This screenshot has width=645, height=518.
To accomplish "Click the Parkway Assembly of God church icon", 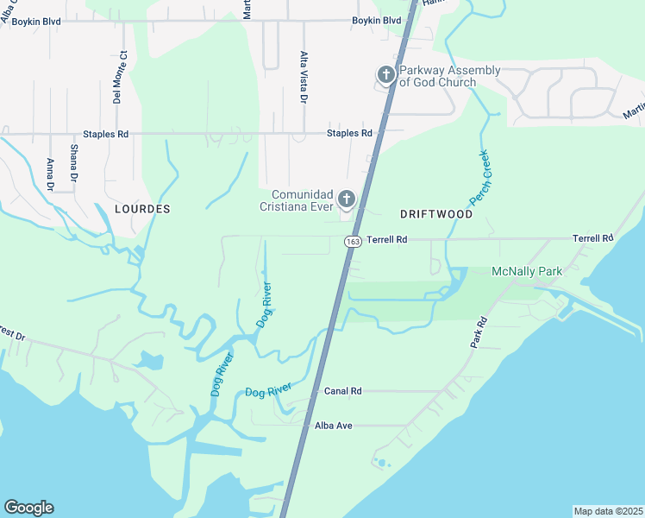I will (x=385, y=76).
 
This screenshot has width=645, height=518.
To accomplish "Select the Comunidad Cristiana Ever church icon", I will (x=347, y=200).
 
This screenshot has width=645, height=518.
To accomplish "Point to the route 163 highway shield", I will (x=352, y=242).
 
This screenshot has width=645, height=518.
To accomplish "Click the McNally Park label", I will (x=527, y=271).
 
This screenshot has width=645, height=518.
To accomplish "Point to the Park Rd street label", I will (x=479, y=332).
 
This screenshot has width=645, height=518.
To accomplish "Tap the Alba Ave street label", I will (x=335, y=426).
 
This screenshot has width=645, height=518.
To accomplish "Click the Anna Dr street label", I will (x=50, y=175).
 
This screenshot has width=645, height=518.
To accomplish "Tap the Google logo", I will (x=28, y=508).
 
